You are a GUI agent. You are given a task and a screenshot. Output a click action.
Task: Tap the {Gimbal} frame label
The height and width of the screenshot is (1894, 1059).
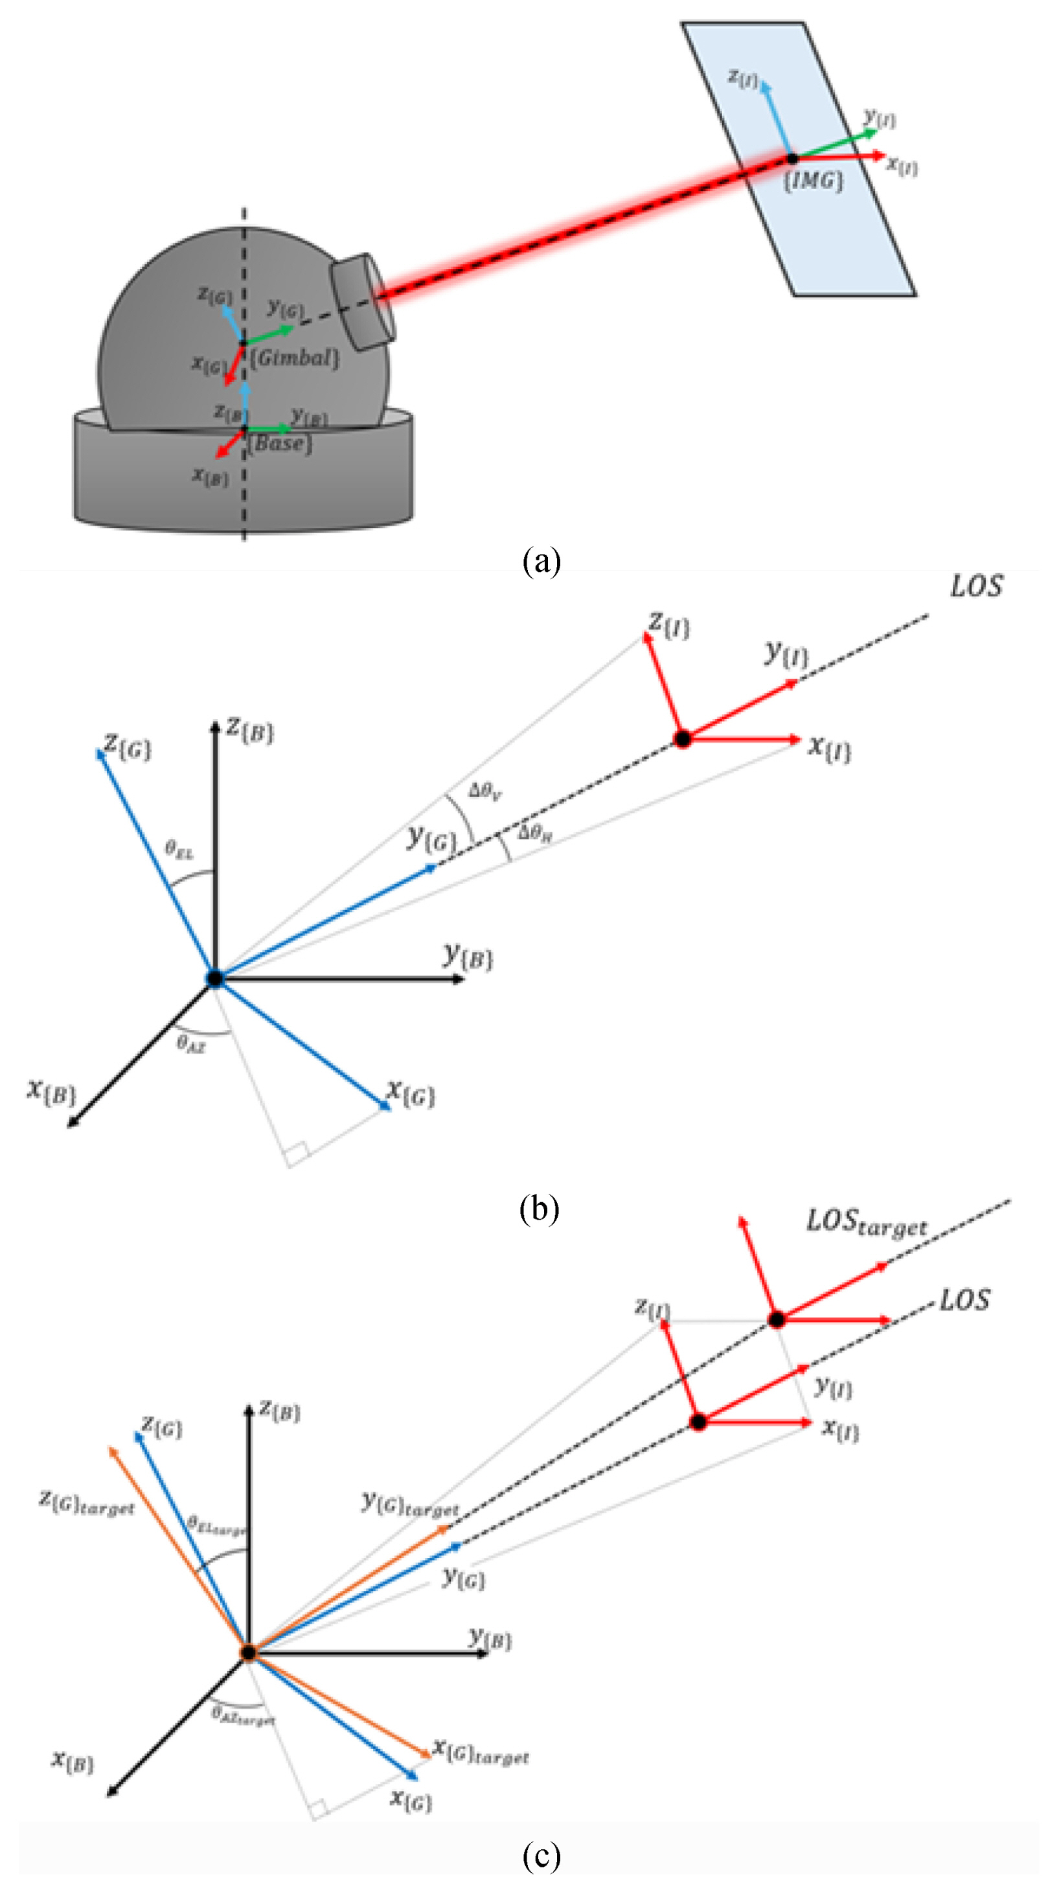coord(295,358)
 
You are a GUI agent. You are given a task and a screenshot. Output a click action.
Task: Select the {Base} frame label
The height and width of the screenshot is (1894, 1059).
coord(279,443)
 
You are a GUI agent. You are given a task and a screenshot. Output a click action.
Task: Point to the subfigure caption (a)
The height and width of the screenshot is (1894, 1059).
coord(541,562)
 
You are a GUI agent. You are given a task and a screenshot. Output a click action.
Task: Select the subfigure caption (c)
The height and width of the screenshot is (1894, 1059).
coord(541,1856)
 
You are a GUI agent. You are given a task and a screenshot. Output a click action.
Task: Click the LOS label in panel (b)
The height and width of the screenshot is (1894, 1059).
coord(976,587)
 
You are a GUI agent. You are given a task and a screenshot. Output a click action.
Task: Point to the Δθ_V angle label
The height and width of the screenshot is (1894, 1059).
coord(485,792)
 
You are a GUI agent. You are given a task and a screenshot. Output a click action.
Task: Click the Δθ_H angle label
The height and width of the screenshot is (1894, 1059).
coord(534,833)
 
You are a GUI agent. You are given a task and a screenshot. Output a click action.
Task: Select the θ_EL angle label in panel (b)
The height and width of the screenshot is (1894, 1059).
coord(179,850)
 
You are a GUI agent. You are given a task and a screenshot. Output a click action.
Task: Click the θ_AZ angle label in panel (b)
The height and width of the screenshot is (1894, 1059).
coord(191,1044)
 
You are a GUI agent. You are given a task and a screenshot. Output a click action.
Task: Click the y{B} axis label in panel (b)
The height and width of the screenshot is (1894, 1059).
coord(468,957)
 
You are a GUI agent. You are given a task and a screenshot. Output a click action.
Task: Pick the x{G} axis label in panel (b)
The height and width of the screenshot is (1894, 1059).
coord(411,1093)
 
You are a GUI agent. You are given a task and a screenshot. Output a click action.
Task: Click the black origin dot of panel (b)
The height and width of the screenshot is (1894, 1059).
coord(215,979)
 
